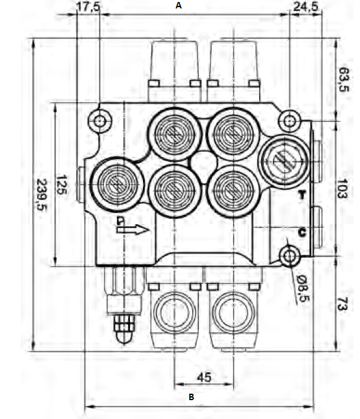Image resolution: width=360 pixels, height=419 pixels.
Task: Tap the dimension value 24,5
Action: (304, 6)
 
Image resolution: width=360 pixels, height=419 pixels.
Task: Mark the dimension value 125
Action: (62, 185)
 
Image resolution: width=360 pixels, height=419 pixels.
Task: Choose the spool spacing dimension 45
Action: (203, 377)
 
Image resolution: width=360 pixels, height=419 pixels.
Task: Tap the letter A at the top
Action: (178, 5)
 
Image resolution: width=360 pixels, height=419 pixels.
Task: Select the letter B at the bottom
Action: (191, 396)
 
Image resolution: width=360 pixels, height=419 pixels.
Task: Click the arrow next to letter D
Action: (138, 229)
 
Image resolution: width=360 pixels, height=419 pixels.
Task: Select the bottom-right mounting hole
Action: (288, 255)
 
